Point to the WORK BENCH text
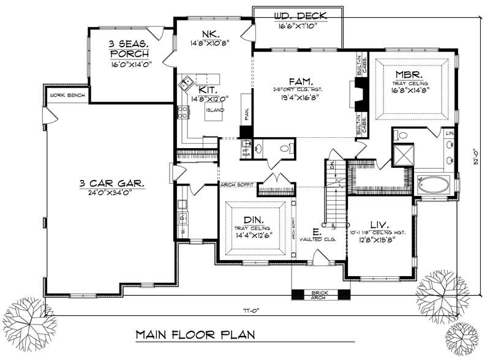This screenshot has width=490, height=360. click(x=66, y=96)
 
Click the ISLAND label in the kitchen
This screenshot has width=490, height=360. click(x=214, y=111)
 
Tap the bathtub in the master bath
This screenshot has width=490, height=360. click(x=434, y=183)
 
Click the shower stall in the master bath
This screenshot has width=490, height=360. click(x=404, y=155)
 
